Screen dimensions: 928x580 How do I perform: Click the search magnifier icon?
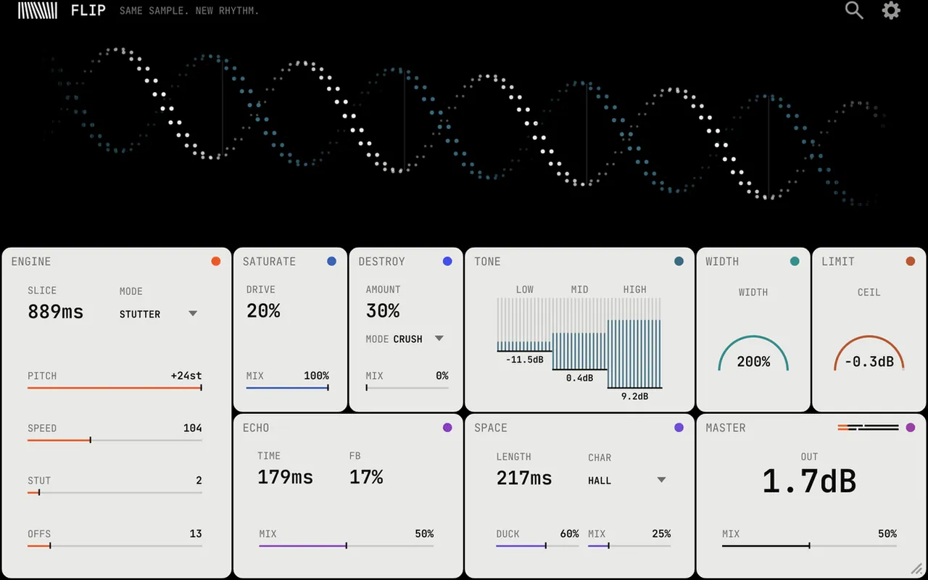point(854,10)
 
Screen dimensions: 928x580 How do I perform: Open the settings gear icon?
point(891,10)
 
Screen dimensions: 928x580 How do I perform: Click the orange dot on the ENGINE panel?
point(216,261)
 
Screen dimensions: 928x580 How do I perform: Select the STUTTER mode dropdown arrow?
point(193,314)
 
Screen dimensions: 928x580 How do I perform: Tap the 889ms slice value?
point(56,312)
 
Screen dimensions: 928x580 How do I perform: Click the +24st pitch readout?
point(186,376)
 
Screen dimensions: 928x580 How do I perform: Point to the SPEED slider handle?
point(91,440)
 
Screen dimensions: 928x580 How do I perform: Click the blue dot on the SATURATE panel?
point(331,261)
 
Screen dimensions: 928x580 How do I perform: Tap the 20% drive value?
point(263,311)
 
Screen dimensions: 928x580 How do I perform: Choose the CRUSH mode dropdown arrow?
point(439,339)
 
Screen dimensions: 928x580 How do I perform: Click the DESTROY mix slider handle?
point(367,388)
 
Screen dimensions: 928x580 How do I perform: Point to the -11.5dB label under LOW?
point(524,360)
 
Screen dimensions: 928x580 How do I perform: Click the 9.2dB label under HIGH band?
point(634,397)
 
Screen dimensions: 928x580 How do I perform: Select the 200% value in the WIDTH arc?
point(753,362)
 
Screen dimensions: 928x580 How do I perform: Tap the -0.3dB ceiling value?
point(869,362)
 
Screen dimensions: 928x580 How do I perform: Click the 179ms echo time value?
point(286,477)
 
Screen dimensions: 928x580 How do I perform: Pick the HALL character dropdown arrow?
point(662,480)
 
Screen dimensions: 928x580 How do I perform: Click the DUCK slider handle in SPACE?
point(546,546)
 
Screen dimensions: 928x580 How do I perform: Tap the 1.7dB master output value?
point(809,481)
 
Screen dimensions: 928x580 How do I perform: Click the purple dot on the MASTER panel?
point(910,428)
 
